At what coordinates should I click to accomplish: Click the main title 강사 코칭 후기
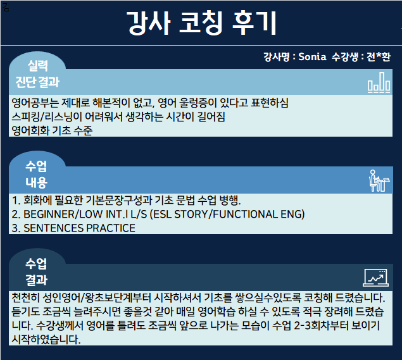click(202, 23)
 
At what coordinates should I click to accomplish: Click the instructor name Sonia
click(312, 57)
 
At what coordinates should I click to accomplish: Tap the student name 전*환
click(379, 57)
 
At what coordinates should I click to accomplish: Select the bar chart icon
click(379, 82)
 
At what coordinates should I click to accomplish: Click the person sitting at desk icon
click(379, 180)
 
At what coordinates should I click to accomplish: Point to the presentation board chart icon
click(376, 278)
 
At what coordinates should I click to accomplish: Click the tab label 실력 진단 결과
click(37, 74)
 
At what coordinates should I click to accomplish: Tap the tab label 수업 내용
click(37, 175)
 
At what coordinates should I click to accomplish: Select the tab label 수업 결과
click(37, 272)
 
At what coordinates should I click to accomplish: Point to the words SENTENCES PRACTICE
click(80, 228)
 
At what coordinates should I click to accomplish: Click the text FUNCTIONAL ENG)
click(259, 214)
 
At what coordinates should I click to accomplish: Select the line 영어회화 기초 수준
click(52, 131)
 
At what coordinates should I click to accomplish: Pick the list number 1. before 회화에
click(16, 201)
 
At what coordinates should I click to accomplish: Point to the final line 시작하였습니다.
click(46, 340)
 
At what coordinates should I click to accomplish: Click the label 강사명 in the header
click(277, 57)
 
